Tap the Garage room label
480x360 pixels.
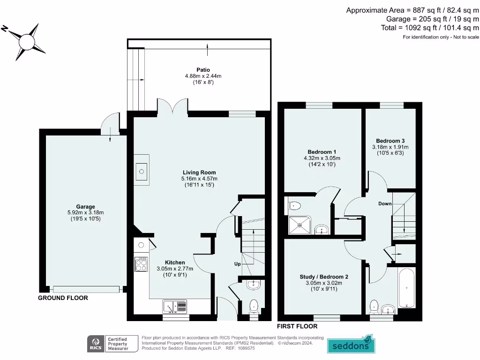click(x=86, y=207)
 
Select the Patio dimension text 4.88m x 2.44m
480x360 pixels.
click(x=203, y=76)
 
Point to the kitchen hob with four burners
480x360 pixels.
click(x=141, y=265)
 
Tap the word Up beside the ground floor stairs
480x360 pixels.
click(x=238, y=264)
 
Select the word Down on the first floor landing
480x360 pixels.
click(x=385, y=204)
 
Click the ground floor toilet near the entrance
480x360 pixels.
click(x=254, y=306)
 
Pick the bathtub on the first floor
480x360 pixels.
click(x=406, y=287)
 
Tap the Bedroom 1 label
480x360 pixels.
click(x=322, y=152)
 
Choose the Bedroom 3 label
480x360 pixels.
click(x=390, y=141)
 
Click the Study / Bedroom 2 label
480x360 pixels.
click(x=324, y=277)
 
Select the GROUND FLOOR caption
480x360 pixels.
click(x=63, y=298)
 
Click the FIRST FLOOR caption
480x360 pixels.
click(x=297, y=326)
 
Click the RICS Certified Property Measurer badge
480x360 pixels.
click(x=112, y=344)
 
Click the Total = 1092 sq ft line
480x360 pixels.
click(x=430, y=28)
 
